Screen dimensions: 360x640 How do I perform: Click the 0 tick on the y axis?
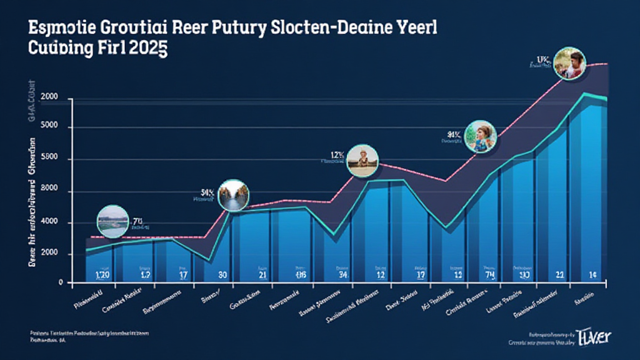61,282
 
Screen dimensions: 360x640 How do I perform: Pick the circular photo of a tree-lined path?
232,195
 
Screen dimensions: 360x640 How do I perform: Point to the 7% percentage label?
138,221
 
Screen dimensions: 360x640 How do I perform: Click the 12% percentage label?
337,154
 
